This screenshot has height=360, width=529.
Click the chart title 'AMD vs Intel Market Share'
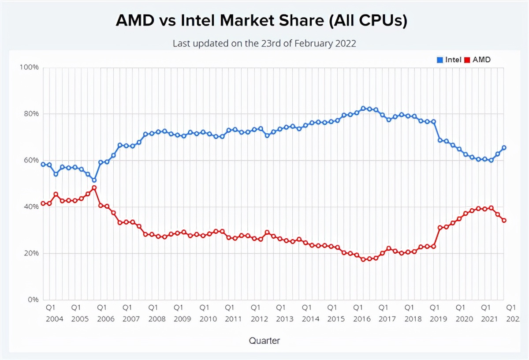tap(261, 21)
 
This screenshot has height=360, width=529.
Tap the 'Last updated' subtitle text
tap(264, 44)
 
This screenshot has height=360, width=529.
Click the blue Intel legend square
tap(440, 60)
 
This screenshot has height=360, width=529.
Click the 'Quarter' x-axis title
tap(264, 341)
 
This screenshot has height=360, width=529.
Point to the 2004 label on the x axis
tap(55, 319)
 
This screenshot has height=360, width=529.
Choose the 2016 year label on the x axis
tap(362, 319)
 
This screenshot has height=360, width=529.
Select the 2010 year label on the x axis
tap(208, 319)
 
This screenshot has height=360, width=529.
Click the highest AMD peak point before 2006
tap(94, 188)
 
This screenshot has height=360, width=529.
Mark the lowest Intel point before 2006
tap(94, 180)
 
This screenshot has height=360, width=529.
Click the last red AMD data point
tap(504, 220)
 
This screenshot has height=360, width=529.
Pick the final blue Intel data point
tap(504, 148)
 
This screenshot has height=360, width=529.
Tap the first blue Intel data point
tap(43, 165)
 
